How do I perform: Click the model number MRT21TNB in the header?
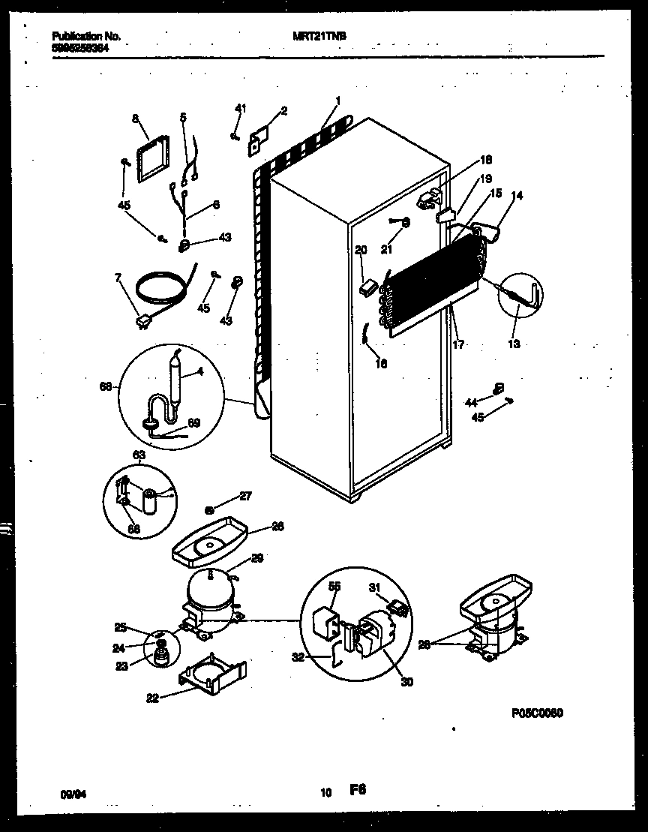[x=314, y=35]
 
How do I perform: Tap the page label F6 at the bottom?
[x=357, y=789]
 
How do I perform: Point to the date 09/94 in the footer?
[x=70, y=791]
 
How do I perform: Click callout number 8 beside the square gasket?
[x=135, y=118]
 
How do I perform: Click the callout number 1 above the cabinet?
[x=338, y=100]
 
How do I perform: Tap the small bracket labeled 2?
[x=259, y=140]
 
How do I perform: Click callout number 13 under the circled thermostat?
[x=514, y=344]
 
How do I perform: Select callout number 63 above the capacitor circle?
[x=139, y=455]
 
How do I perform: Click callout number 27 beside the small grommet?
[x=244, y=495]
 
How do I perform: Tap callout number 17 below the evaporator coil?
[x=457, y=344]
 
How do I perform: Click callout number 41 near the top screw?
[x=240, y=110]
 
